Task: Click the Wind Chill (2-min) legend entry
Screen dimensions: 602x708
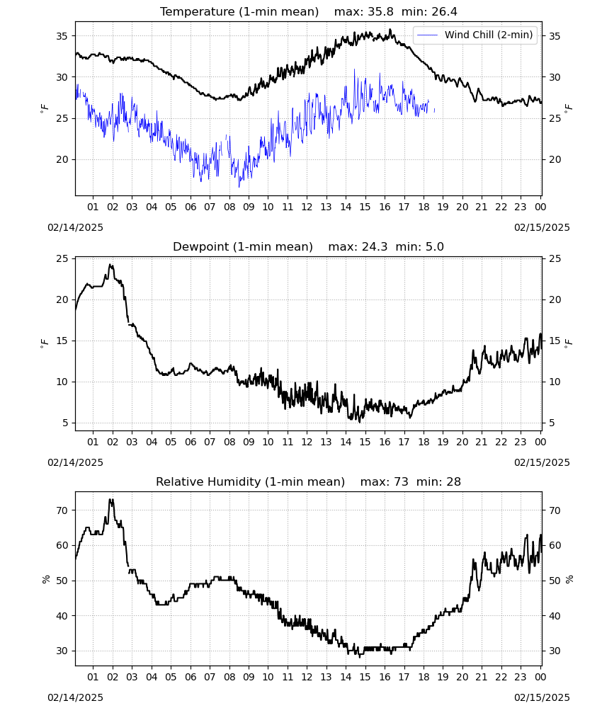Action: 475,35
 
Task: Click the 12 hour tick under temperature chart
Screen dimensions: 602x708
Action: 307,207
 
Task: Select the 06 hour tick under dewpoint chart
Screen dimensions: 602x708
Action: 191,442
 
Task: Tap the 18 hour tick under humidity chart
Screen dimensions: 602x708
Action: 424,677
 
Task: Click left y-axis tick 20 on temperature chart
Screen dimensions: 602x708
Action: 62,159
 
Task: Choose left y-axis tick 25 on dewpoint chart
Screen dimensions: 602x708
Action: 62,258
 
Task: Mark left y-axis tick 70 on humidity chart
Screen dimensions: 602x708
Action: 62,510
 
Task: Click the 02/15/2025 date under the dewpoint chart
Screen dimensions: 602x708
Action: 542,462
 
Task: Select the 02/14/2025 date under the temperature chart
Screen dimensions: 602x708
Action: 75,227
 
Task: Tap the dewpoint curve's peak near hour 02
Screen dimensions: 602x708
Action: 110,265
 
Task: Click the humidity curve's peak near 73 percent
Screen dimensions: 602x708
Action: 110,499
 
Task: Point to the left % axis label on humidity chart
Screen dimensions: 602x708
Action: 46,579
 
